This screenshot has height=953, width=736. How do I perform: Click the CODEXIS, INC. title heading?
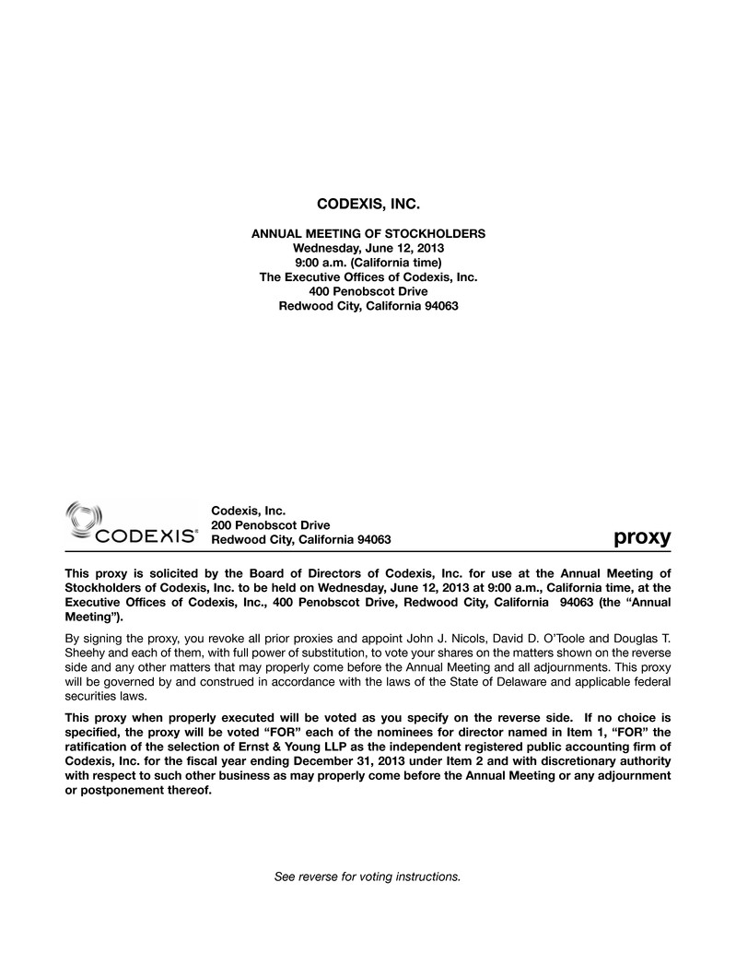(x=368, y=202)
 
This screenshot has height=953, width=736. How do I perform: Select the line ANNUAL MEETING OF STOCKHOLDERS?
(x=368, y=234)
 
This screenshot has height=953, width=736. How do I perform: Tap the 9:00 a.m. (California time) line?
(x=368, y=263)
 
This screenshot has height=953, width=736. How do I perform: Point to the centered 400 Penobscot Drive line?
(x=368, y=291)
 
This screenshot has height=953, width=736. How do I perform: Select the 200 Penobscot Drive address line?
(x=271, y=524)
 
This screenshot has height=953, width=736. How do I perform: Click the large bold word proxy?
(x=642, y=536)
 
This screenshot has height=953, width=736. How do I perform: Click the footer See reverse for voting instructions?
(x=368, y=876)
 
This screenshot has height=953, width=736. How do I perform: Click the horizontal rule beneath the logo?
(x=368, y=550)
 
